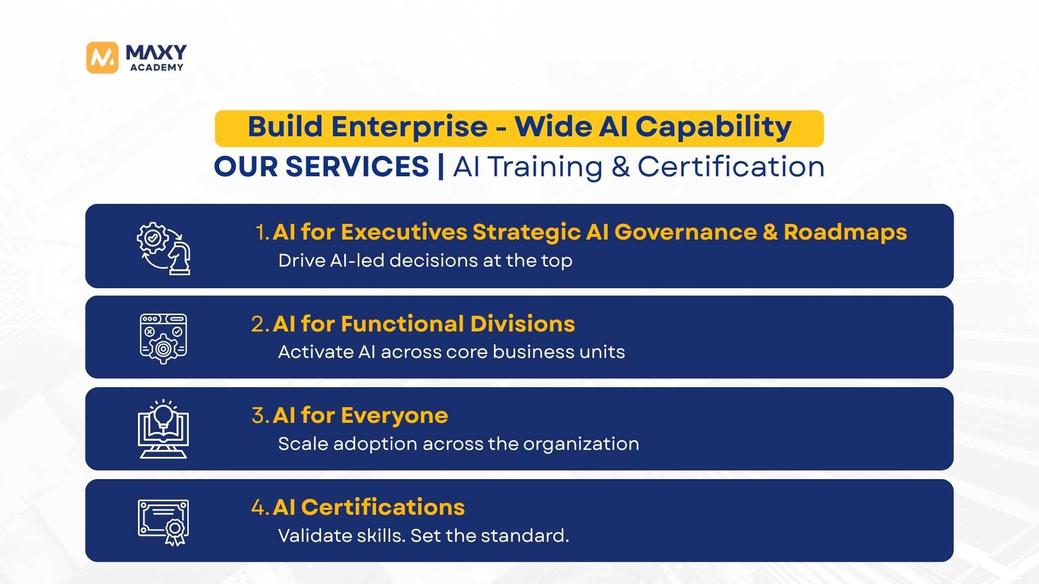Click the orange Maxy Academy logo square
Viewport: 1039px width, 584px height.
[x=102, y=57]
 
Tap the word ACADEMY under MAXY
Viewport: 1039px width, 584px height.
[x=157, y=68]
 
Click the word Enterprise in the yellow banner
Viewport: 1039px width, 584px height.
[x=410, y=127]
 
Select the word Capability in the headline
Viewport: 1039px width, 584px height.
[x=713, y=128]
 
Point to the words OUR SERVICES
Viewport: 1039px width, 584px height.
[x=321, y=167]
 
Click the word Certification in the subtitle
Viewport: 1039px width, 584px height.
[x=731, y=167]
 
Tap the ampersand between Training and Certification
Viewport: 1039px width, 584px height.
[x=621, y=167]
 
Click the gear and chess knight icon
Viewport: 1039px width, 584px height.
[x=163, y=249]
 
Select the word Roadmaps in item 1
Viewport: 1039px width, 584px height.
[x=845, y=232]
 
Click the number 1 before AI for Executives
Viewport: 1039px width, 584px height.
[x=262, y=232]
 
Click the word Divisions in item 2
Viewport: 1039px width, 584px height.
[x=523, y=324]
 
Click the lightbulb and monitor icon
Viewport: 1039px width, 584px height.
[x=163, y=429]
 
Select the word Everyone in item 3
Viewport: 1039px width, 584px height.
[x=394, y=416]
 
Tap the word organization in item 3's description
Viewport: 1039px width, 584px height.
[x=581, y=444]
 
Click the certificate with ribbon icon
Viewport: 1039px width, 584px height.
[x=163, y=522]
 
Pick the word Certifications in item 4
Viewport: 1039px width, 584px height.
[x=383, y=507]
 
